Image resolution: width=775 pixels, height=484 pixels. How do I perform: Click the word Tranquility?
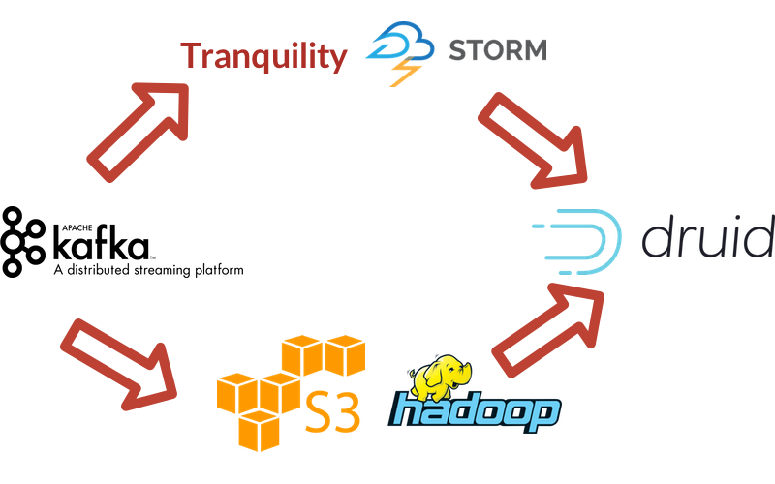click(x=263, y=56)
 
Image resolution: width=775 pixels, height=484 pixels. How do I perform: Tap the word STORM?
click(x=497, y=49)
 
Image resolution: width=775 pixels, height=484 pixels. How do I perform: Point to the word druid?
click(x=707, y=238)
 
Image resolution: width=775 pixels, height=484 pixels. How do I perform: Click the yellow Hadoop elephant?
click(x=443, y=376)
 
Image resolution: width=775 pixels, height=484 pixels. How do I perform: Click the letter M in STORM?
click(x=531, y=49)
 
